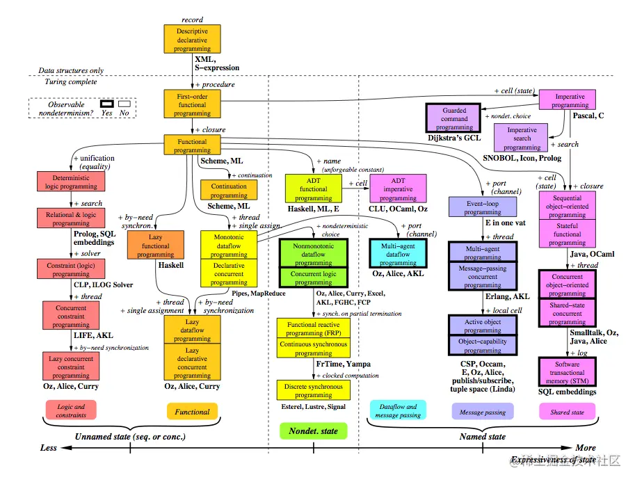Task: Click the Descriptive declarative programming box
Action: point(192,40)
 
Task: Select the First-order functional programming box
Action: point(192,104)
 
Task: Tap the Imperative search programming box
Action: point(522,138)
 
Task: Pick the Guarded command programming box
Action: point(454,118)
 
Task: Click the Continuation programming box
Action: point(229,191)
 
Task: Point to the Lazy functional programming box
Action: point(156,245)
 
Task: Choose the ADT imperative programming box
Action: point(397,188)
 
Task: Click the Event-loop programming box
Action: point(483,207)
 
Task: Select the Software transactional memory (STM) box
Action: point(567,372)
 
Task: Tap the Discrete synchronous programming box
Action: point(313,390)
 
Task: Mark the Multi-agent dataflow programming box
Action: point(397,254)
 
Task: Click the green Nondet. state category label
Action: point(313,431)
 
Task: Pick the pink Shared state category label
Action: point(567,412)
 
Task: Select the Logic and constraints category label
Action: point(71,410)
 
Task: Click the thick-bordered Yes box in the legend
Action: point(106,104)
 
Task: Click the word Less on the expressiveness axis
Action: point(48,448)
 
